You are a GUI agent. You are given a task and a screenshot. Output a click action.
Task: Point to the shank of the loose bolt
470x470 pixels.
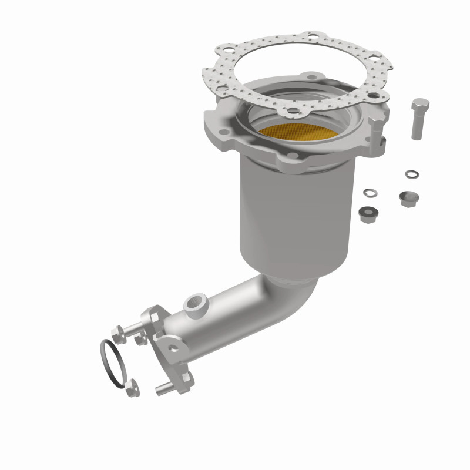coord(417,126)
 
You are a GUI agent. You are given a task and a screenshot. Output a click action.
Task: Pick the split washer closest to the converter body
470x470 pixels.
coord(370,193)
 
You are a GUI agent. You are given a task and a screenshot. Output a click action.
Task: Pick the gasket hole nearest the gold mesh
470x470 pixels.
coord(292,109)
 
